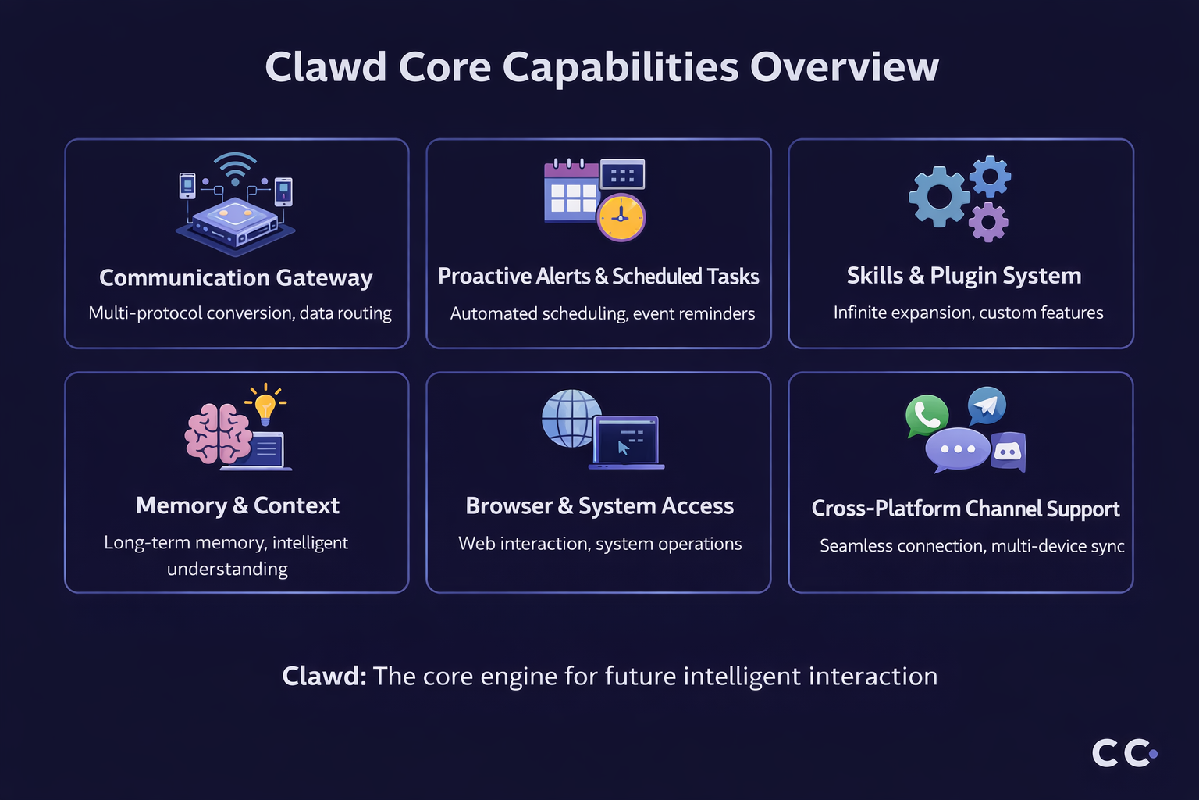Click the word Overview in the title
point(844,67)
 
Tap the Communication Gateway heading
point(236,277)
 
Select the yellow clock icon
point(621,217)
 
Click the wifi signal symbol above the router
point(235,165)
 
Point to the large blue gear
point(939,197)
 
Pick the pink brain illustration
point(218,434)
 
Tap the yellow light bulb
point(265,406)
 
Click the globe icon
point(571,418)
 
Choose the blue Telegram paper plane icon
point(987,405)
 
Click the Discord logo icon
point(1008,452)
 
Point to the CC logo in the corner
point(1124,752)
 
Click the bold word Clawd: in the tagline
point(324,676)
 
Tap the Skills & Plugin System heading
point(964,276)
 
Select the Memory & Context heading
point(237,505)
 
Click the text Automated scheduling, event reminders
point(603,313)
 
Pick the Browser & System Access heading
point(599,506)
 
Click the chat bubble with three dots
point(958,449)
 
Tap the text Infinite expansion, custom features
point(968,312)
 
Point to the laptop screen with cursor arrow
point(626,441)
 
